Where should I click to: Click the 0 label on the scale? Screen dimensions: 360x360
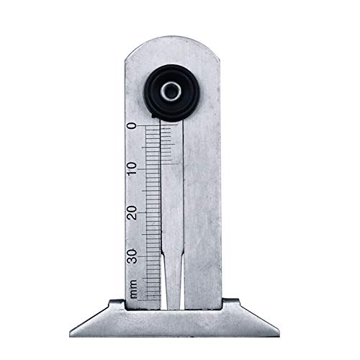click(x=132, y=127)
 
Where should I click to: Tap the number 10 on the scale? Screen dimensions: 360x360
click(x=132, y=169)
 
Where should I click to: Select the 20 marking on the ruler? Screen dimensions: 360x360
click(x=132, y=212)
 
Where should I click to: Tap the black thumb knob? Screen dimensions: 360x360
click(x=174, y=91)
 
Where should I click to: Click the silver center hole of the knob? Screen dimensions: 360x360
click(x=174, y=91)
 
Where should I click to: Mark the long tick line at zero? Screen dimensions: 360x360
click(x=151, y=127)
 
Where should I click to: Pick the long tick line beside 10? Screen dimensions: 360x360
click(x=151, y=170)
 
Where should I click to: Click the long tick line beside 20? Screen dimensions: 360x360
click(x=151, y=213)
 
